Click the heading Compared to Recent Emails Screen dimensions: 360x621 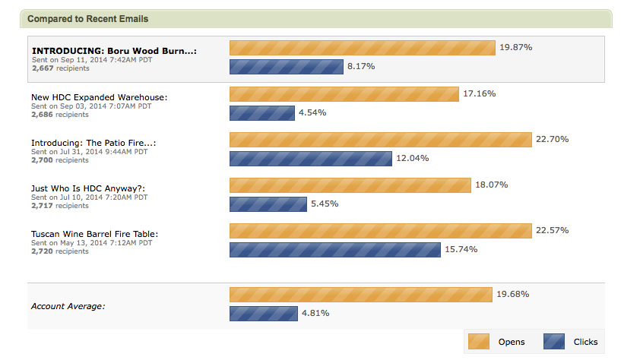[x=87, y=18]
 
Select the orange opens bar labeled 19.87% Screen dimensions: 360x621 [x=362, y=47]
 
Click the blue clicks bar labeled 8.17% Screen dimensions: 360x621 [x=286, y=67]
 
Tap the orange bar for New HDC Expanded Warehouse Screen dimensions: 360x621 [x=344, y=94]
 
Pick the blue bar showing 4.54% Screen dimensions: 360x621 [x=262, y=113]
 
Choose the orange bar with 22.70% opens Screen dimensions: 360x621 [x=380, y=140]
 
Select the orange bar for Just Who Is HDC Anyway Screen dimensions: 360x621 [x=350, y=185]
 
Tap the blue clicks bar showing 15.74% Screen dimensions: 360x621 [x=334, y=250]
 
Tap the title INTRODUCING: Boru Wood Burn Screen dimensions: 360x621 [x=114, y=51]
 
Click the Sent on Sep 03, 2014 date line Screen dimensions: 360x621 [x=91, y=106]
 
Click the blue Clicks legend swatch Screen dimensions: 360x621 [x=554, y=341]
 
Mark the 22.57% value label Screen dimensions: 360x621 [x=552, y=230]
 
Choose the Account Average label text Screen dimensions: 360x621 [x=68, y=306]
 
